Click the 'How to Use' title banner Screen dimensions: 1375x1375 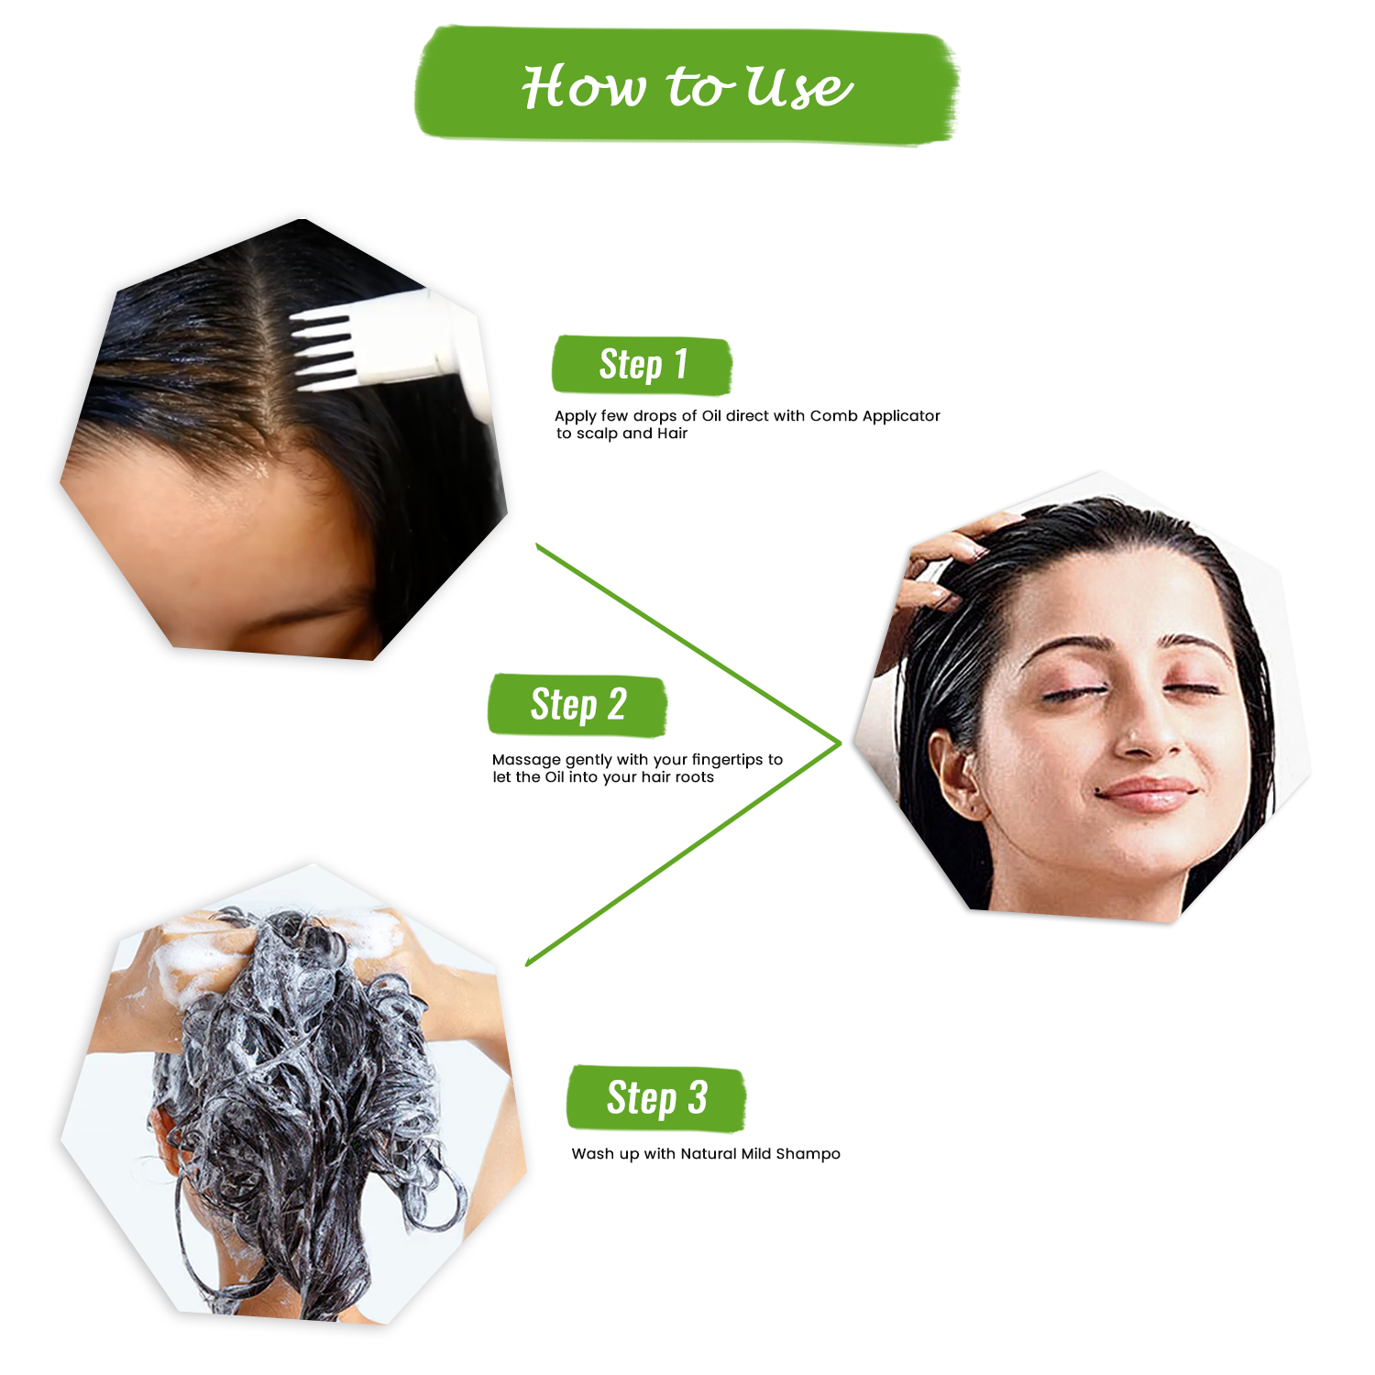coord(686,86)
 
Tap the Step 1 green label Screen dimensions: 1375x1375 coord(642,365)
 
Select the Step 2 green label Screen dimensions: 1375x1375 coord(577,706)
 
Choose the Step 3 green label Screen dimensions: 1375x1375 coord(656,1098)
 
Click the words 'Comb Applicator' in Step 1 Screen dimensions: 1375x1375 coord(874,416)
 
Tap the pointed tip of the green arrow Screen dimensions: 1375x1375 coord(839,742)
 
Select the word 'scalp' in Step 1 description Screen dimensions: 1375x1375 coord(597,434)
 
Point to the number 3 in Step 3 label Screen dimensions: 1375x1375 coord(698,1098)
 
